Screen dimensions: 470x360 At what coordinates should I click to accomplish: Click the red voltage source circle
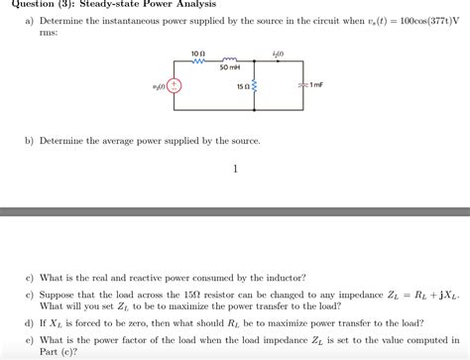(175, 85)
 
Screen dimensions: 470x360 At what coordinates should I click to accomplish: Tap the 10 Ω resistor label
(197, 51)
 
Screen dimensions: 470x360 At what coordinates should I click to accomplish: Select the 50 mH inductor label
(229, 67)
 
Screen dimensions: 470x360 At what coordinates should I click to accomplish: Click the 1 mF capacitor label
(316, 85)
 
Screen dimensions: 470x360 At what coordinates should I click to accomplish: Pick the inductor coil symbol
(229, 59)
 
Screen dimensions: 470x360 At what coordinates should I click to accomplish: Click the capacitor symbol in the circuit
(300, 85)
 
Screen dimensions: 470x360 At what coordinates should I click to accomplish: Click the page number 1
(235, 169)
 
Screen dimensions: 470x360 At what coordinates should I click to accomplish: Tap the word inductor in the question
(287, 278)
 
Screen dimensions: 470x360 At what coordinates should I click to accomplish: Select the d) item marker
(30, 323)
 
